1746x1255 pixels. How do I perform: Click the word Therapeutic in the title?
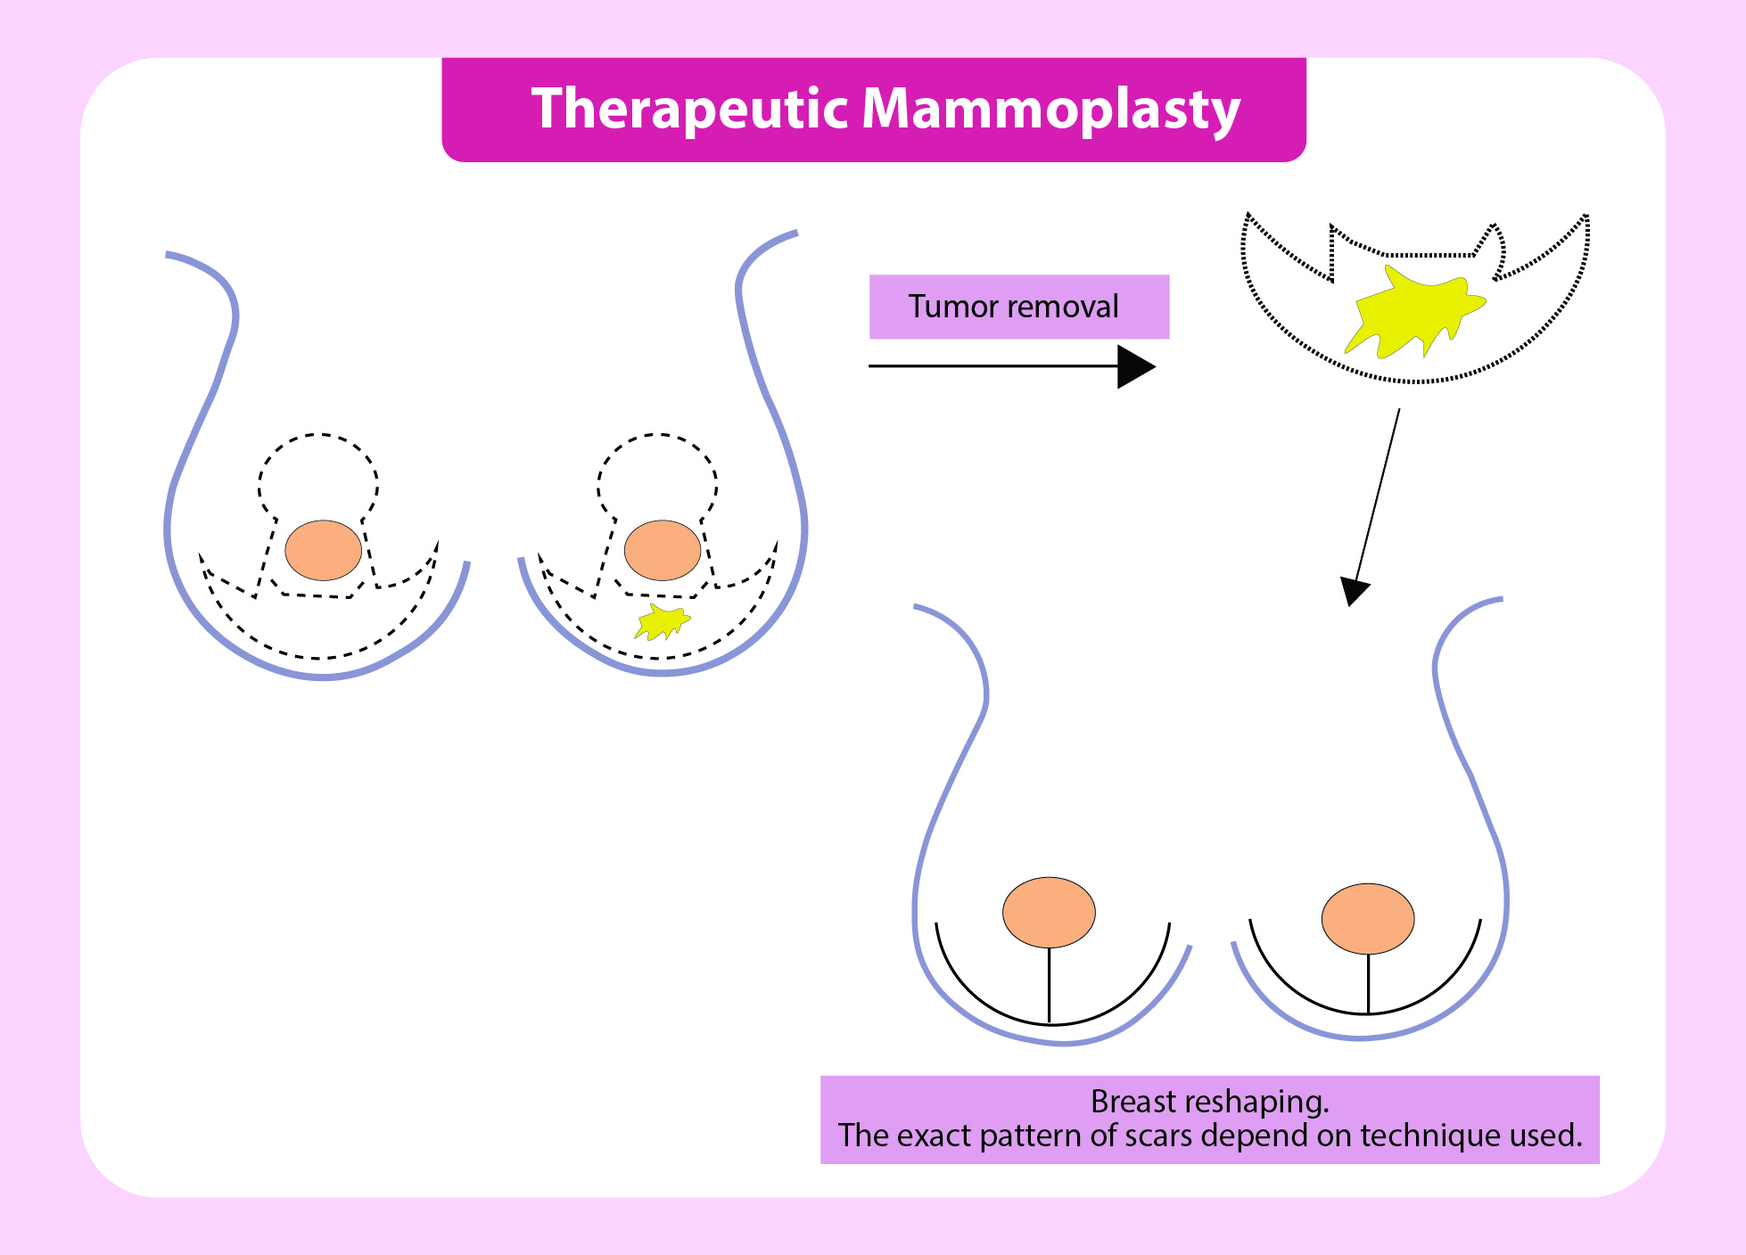pos(688,110)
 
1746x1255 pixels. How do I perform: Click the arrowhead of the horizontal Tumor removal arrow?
pos(1135,366)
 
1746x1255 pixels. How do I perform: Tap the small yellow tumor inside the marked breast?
pos(662,622)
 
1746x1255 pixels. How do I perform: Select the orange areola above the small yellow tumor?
pos(662,551)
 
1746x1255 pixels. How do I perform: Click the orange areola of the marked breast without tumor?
pos(323,551)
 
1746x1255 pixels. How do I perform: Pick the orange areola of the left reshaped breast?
pos(1049,912)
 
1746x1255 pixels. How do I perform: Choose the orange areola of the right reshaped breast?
pos(1367,918)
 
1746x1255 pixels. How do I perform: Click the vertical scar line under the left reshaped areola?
pos(1050,985)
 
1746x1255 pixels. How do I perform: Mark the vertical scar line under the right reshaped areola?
pos(1368,984)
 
